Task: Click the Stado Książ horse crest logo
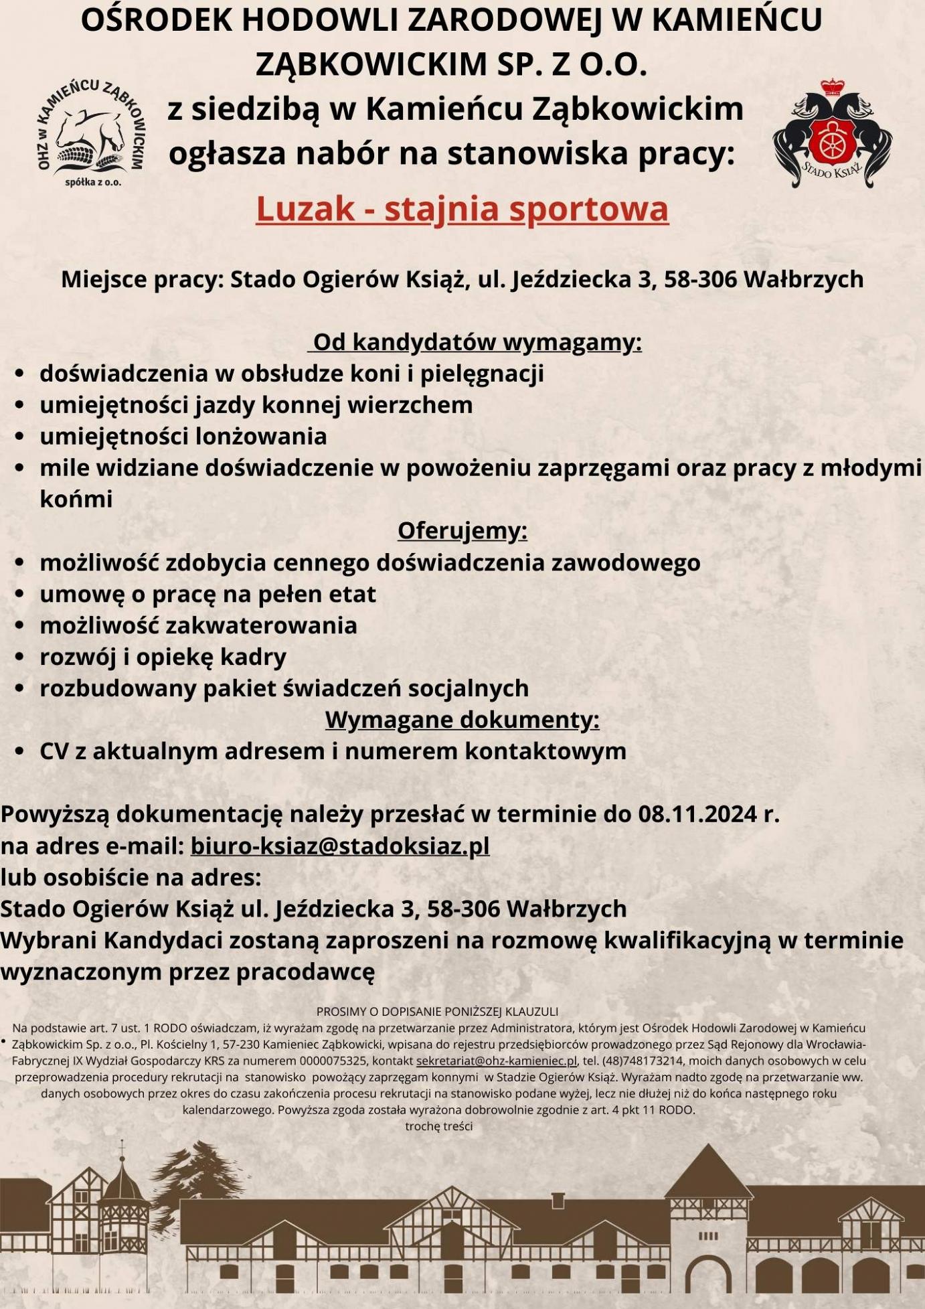point(832,135)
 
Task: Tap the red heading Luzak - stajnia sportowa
point(462,209)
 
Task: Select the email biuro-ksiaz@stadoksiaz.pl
point(340,846)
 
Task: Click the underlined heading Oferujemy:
point(462,530)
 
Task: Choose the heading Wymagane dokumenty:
point(462,720)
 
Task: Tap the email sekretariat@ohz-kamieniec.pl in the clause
point(496,1061)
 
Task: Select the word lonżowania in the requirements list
point(256,437)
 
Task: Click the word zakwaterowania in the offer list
point(261,625)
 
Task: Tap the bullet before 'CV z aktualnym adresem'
point(20,752)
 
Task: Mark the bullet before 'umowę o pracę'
point(20,595)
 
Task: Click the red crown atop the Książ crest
point(833,87)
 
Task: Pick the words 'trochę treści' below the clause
point(438,1127)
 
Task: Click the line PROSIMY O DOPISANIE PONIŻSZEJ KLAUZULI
point(437,1012)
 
